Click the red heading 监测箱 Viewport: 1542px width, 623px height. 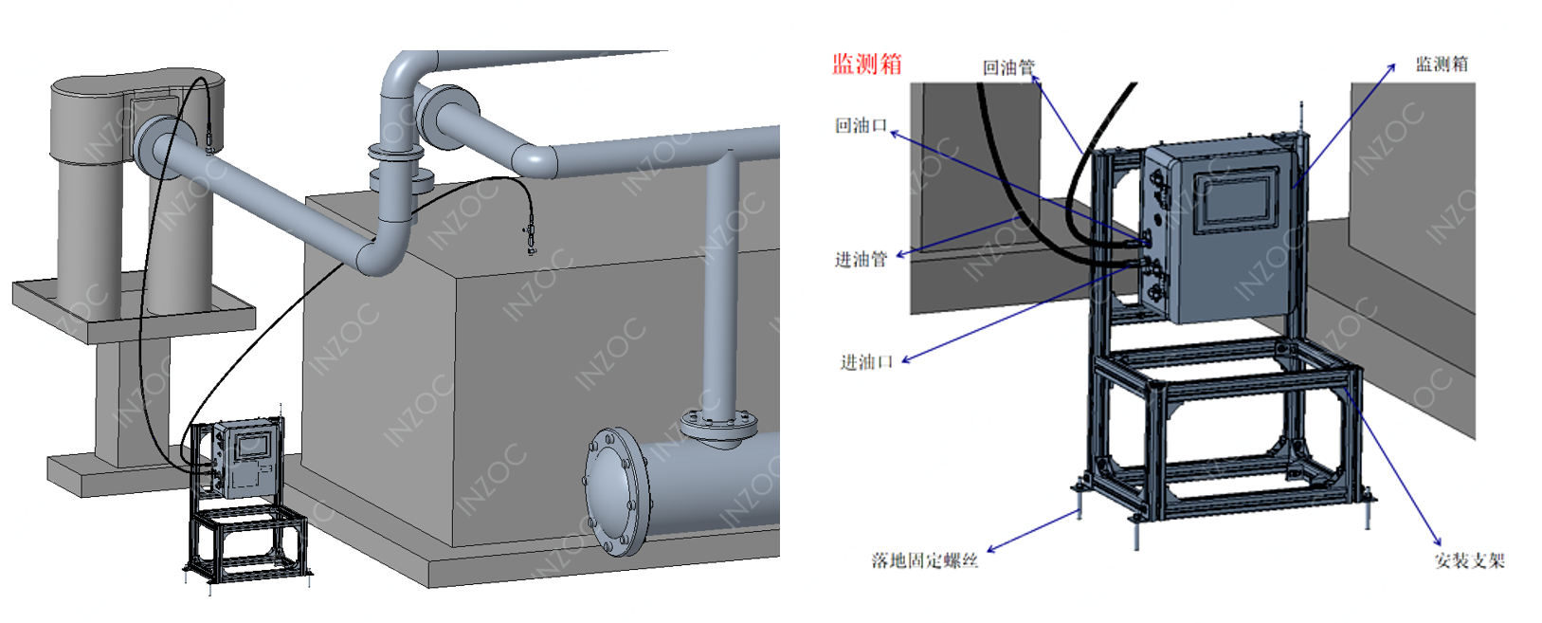tap(866, 64)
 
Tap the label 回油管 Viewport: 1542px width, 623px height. tap(1007, 67)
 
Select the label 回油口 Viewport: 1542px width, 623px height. tap(860, 125)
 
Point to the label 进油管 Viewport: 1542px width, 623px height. tap(860, 259)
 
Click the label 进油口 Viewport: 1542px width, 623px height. tap(865, 361)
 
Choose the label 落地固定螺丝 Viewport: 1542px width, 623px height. tap(924, 560)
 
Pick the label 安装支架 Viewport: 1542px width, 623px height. tap(1468, 560)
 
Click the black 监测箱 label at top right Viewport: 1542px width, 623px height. tap(1441, 64)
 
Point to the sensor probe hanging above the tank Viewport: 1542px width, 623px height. tap(529, 239)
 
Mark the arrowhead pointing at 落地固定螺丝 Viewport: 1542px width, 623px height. tap(990, 549)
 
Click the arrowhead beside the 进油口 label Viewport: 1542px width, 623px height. tap(905, 360)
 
